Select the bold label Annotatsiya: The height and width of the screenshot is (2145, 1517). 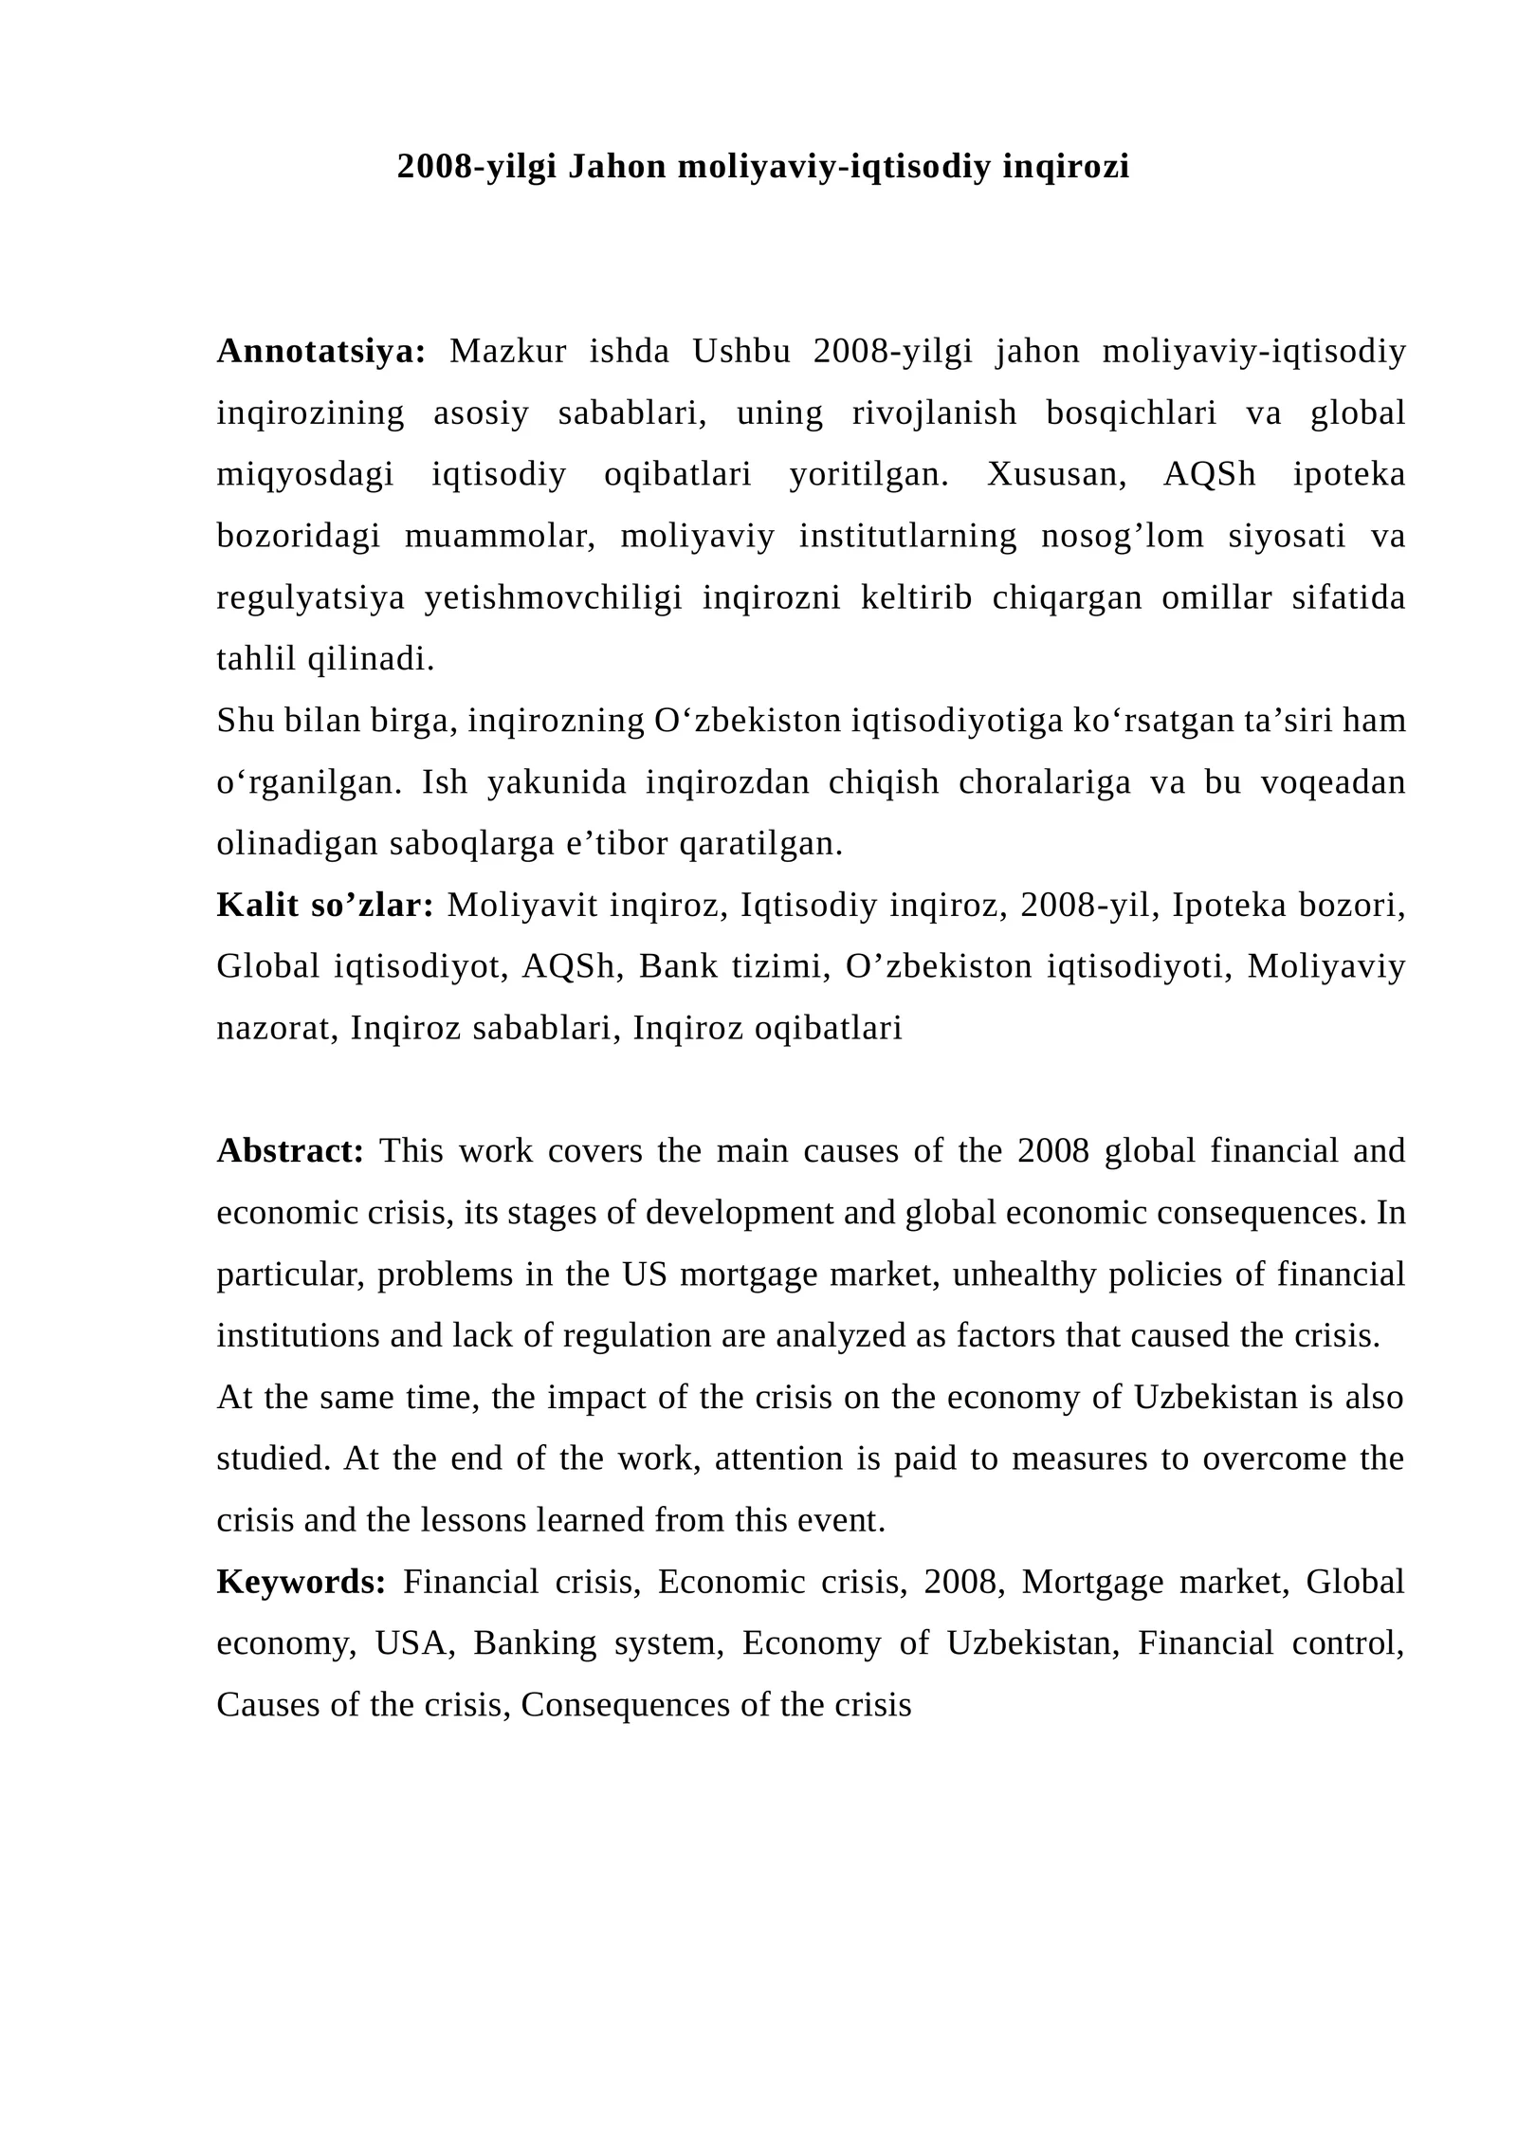[x=321, y=351]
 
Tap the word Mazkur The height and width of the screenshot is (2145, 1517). [x=507, y=351]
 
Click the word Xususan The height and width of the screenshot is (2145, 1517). [x=1055, y=474]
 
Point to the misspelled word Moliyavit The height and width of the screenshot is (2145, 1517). [x=522, y=906]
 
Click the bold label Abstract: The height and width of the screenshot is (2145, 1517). [x=290, y=1151]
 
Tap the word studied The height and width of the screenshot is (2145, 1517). [x=273, y=1458]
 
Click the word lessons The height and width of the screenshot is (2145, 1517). [x=473, y=1520]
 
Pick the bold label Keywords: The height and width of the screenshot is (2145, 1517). [x=301, y=1582]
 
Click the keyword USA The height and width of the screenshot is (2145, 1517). [x=411, y=1642]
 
